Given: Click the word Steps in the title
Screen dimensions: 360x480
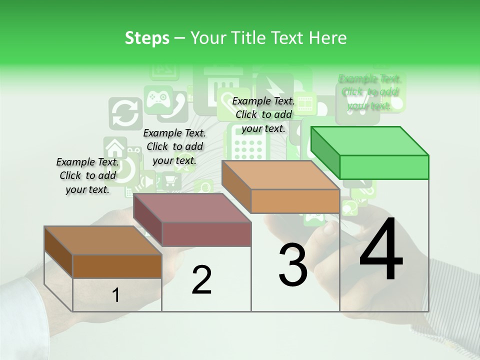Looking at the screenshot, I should tap(147, 38).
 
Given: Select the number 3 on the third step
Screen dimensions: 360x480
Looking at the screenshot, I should tap(293, 265).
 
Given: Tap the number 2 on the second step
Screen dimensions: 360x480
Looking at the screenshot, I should tap(201, 280).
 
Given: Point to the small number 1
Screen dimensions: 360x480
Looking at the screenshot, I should tap(116, 295).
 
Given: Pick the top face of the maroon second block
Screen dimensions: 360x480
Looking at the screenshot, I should tap(192, 208).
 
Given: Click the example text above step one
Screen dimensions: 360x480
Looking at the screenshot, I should tap(87, 175).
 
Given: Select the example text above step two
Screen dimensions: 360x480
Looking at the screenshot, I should tap(174, 146).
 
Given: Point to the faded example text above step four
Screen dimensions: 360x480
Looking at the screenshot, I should tap(370, 92).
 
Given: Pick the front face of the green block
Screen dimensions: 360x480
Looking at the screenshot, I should tap(384, 167).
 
